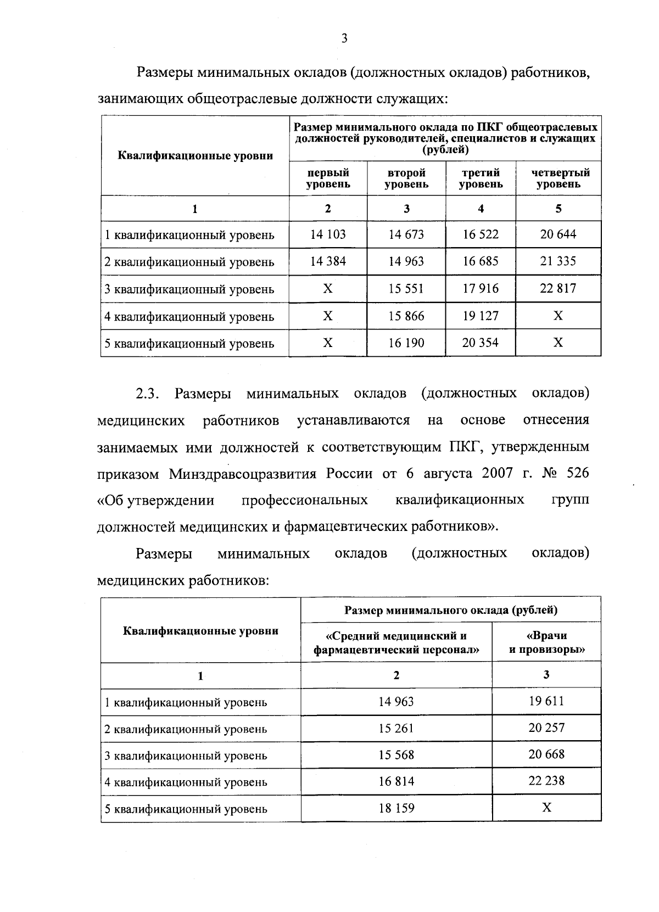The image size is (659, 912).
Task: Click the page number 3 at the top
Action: pos(344,38)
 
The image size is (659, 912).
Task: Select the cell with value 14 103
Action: pos(328,234)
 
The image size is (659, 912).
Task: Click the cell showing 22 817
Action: pos(558,288)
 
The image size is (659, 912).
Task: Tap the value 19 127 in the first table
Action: pos(481,316)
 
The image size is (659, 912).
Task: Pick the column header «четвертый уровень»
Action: pos(558,178)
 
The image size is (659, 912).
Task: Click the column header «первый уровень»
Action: pos(328,178)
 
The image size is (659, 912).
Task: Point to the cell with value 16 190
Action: pos(406,343)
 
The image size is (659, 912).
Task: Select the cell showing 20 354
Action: pos(481,343)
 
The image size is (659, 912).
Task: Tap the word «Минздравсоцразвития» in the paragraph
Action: pos(243,473)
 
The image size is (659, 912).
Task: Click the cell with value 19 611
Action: pos(546,701)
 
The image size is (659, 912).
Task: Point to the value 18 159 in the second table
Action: pos(396,808)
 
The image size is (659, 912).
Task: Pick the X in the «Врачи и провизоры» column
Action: pos(546,808)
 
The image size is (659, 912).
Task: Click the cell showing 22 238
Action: pos(546,781)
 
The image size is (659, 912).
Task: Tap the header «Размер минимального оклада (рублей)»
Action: pos(451,610)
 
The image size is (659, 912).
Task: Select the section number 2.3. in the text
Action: pos(147,394)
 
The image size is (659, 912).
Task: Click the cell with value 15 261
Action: pos(396,728)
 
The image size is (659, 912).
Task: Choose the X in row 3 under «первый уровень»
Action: pos(328,288)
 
